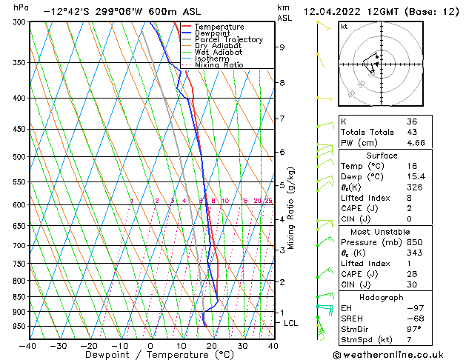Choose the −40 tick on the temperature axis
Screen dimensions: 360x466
pos(28,346)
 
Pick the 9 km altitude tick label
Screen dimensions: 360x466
pos(282,47)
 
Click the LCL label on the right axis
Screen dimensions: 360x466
pos(291,324)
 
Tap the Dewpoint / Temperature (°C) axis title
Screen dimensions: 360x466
pos(150,356)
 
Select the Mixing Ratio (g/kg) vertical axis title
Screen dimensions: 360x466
pos(291,208)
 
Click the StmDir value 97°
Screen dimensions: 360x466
pos(414,329)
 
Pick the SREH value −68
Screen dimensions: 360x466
pos(415,318)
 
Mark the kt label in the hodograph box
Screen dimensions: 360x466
pos(344,27)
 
